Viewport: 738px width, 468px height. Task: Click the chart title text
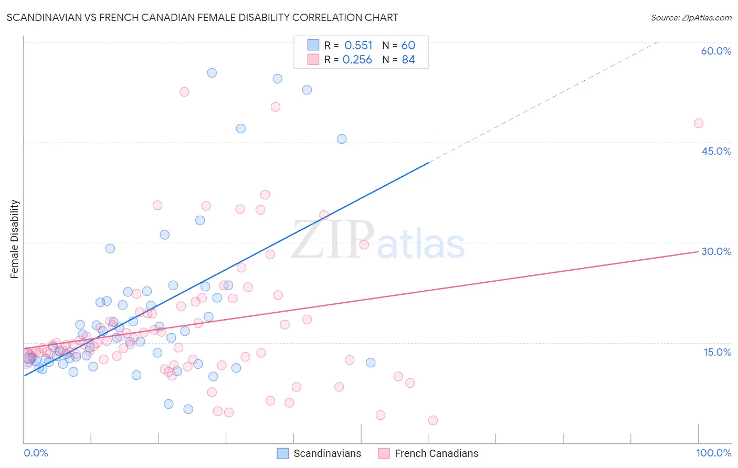(x=202, y=17)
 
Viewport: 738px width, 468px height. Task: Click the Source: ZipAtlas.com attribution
(x=691, y=17)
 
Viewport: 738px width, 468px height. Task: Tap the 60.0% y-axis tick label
(x=716, y=51)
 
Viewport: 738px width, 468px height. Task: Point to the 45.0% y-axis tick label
(x=716, y=151)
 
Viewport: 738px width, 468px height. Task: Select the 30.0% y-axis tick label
(x=716, y=251)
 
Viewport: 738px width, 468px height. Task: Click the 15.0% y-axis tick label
(x=717, y=352)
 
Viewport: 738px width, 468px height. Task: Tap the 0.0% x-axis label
(x=36, y=453)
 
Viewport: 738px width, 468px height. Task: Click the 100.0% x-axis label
(x=713, y=453)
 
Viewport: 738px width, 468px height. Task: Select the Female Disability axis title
(x=15, y=239)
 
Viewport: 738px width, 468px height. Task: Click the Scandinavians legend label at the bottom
(x=327, y=453)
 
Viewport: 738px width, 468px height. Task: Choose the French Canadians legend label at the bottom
(x=436, y=453)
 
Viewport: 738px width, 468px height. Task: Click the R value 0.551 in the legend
(x=359, y=46)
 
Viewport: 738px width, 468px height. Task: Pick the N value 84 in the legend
(x=408, y=60)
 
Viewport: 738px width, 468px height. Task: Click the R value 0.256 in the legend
(x=357, y=60)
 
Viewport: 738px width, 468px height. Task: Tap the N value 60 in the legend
(x=408, y=46)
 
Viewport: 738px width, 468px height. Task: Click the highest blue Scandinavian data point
(x=212, y=73)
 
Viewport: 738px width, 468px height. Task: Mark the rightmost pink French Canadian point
(x=699, y=123)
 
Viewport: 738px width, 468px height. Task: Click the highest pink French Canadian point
(x=184, y=92)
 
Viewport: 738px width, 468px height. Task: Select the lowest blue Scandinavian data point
(x=188, y=409)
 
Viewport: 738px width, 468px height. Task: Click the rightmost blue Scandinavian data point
(x=371, y=363)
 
